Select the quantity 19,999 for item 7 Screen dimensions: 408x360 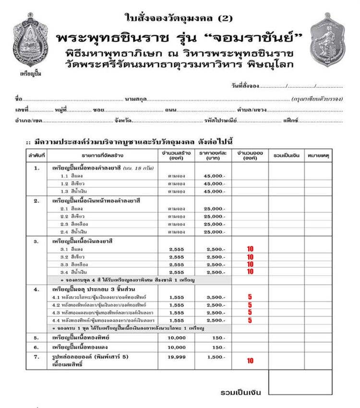click(177, 358)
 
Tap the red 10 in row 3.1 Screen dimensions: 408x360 click(250, 249)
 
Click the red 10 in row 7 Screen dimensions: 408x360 click(250, 361)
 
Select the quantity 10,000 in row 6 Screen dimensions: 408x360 click(177, 348)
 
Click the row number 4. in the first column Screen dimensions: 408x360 click(36, 290)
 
